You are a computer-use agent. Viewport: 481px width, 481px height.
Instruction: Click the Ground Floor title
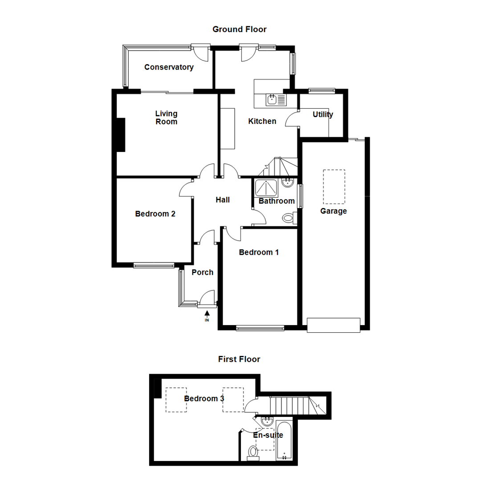coord(239,29)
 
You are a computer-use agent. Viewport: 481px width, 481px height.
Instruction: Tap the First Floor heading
coord(239,359)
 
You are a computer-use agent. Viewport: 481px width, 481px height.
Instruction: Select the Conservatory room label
coord(169,67)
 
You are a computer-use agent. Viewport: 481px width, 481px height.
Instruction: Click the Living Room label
coord(166,118)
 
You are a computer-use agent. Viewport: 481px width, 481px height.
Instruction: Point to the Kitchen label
coord(262,121)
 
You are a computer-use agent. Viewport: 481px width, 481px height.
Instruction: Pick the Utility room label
coord(322,114)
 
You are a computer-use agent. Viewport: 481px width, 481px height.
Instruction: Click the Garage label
coord(333,211)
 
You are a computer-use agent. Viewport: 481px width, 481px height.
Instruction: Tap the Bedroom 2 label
coord(155,214)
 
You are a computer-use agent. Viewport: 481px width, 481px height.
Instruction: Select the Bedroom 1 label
coord(259,253)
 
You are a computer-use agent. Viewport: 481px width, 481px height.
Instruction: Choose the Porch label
coord(202,273)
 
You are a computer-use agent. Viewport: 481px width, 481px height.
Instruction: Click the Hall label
coord(223,200)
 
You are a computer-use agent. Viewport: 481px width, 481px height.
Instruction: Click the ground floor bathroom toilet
coord(288,218)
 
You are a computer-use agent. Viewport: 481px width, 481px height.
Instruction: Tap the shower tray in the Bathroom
coord(265,188)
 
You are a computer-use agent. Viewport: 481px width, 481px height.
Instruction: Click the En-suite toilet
coord(253,452)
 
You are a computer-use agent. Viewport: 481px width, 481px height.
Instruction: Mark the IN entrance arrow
coord(207,315)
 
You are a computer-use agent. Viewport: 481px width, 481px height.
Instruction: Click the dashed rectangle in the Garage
coord(334,186)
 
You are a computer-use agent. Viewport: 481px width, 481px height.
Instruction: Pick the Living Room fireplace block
coord(121,135)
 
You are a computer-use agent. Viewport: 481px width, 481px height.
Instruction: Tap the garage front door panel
coord(333,325)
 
